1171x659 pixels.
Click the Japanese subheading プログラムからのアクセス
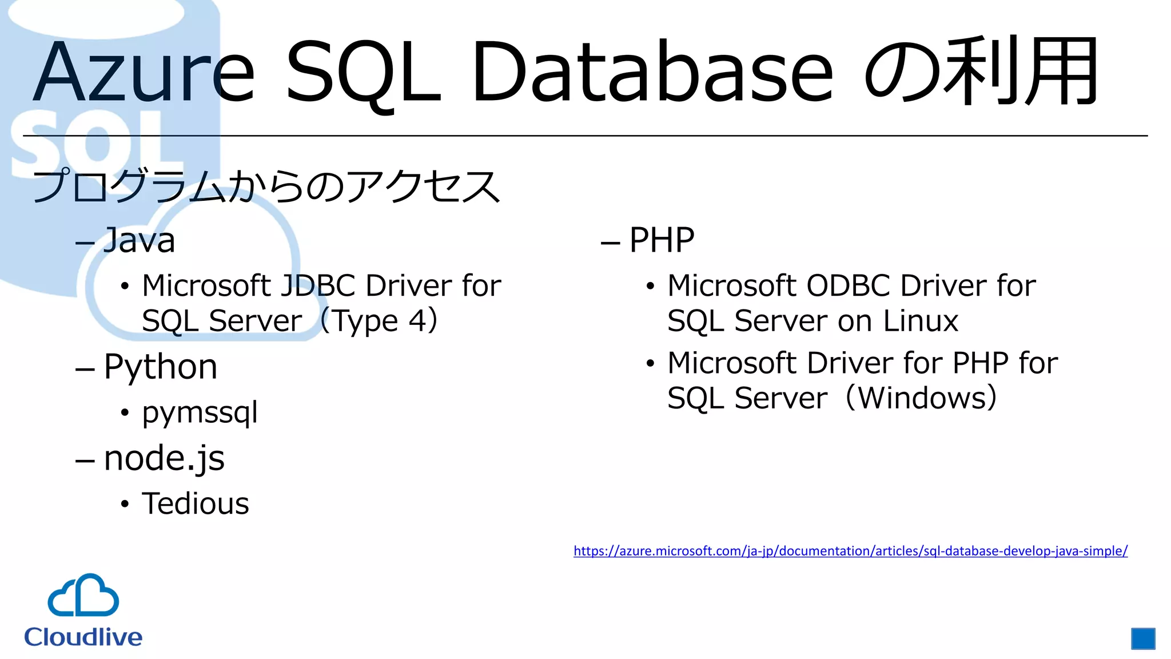pos(266,186)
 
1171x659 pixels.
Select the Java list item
pos(139,240)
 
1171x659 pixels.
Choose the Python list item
pos(161,367)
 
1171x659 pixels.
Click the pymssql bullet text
pos(200,412)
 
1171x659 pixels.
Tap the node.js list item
pos(164,458)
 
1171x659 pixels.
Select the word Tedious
pos(196,504)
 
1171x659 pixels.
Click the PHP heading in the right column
pos(662,240)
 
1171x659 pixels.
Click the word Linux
pos(921,320)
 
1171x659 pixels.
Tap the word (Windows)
pos(921,398)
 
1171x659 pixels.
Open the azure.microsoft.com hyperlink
pos(850,551)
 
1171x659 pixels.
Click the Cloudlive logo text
pos(83,637)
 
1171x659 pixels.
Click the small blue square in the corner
pos(1143,638)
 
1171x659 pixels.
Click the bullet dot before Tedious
pos(125,505)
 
